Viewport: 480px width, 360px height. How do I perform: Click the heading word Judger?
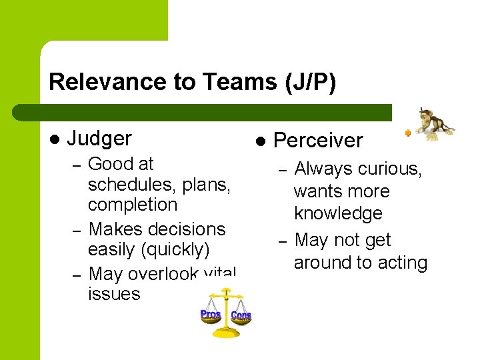[99, 139]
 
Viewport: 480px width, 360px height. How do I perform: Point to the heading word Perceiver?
[318, 141]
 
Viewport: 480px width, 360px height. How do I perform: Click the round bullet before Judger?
[54, 139]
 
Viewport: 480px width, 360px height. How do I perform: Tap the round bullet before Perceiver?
[261, 141]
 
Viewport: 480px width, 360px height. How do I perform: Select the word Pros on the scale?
[211, 313]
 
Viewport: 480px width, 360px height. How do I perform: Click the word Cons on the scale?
[241, 314]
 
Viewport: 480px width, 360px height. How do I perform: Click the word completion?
[133, 205]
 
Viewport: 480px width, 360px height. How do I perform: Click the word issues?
[114, 294]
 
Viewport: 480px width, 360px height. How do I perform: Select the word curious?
[390, 169]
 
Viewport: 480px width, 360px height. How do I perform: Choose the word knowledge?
[338, 214]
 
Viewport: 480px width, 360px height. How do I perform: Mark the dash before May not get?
[283, 241]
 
